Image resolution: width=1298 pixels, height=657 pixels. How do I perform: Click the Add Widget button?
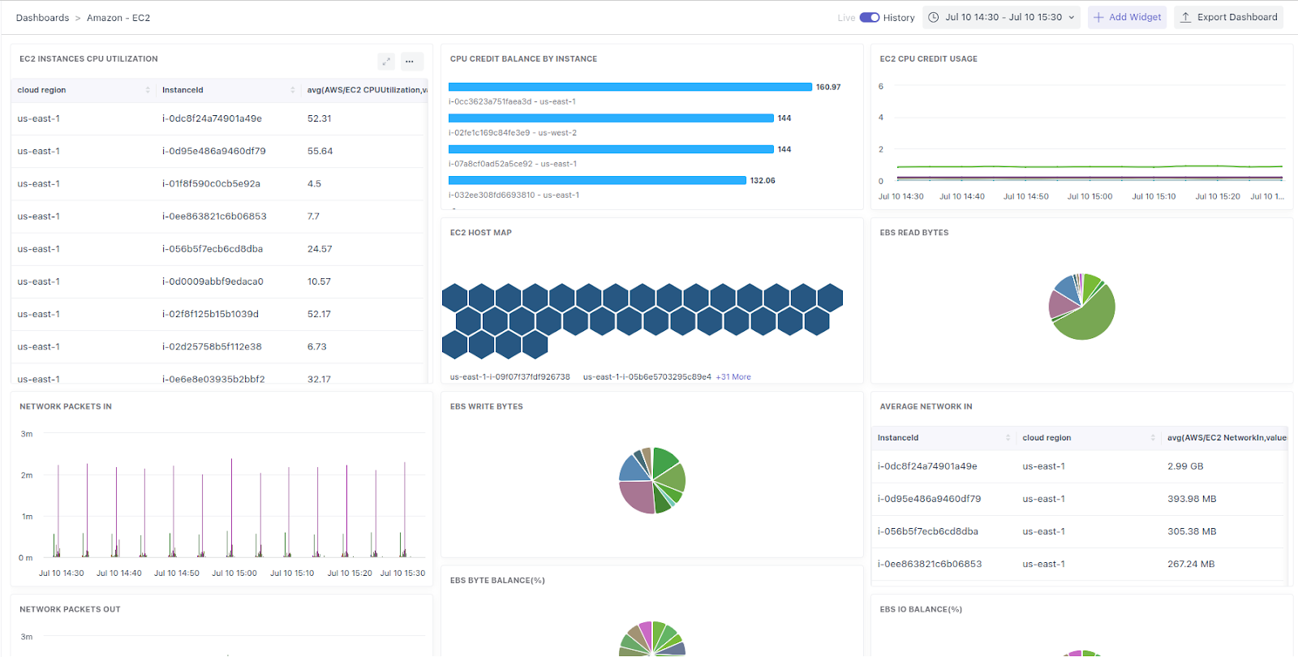pyautogui.click(x=1127, y=17)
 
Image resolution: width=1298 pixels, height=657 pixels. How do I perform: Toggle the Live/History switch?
pyautogui.click(x=870, y=17)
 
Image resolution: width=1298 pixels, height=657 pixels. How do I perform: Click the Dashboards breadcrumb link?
pyautogui.click(x=42, y=18)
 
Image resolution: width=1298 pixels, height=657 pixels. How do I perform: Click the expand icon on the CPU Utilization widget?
pyautogui.click(x=386, y=61)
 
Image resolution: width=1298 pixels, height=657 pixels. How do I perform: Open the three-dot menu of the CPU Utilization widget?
pyautogui.click(x=410, y=61)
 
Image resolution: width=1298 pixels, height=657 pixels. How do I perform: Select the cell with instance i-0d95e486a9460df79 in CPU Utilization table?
pyautogui.click(x=213, y=151)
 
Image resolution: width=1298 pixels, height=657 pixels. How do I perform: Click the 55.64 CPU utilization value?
pyautogui.click(x=320, y=151)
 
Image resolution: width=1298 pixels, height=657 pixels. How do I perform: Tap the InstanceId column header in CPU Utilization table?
pyautogui.click(x=183, y=90)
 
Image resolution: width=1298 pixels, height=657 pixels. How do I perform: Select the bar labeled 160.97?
pyautogui.click(x=630, y=87)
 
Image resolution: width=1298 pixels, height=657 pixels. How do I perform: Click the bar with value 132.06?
pyautogui.click(x=596, y=180)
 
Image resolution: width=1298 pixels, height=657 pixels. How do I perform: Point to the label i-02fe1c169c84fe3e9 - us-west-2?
pyautogui.click(x=513, y=133)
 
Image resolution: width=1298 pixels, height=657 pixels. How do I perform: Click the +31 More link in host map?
pyautogui.click(x=733, y=377)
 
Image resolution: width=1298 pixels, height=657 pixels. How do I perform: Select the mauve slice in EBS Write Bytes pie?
pyautogui.click(x=636, y=496)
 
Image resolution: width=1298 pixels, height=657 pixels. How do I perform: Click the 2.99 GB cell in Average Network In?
pyautogui.click(x=1185, y=466)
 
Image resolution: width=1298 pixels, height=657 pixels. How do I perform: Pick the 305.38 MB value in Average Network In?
pyautogui.click(x=1192, y=531)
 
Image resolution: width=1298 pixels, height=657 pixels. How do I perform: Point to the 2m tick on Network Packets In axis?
pyautogui.click(x=27, y=475)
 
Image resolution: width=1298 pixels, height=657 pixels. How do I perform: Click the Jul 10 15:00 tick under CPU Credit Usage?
pyautogui.click(x=1090, y=196)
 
